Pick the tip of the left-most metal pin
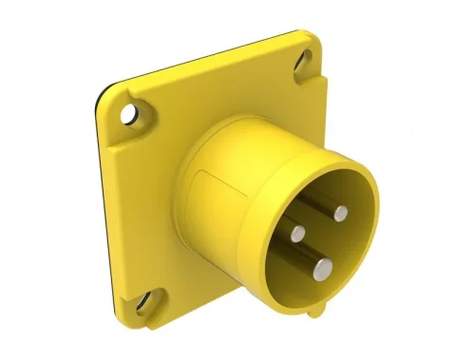click(x=298, y=230)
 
